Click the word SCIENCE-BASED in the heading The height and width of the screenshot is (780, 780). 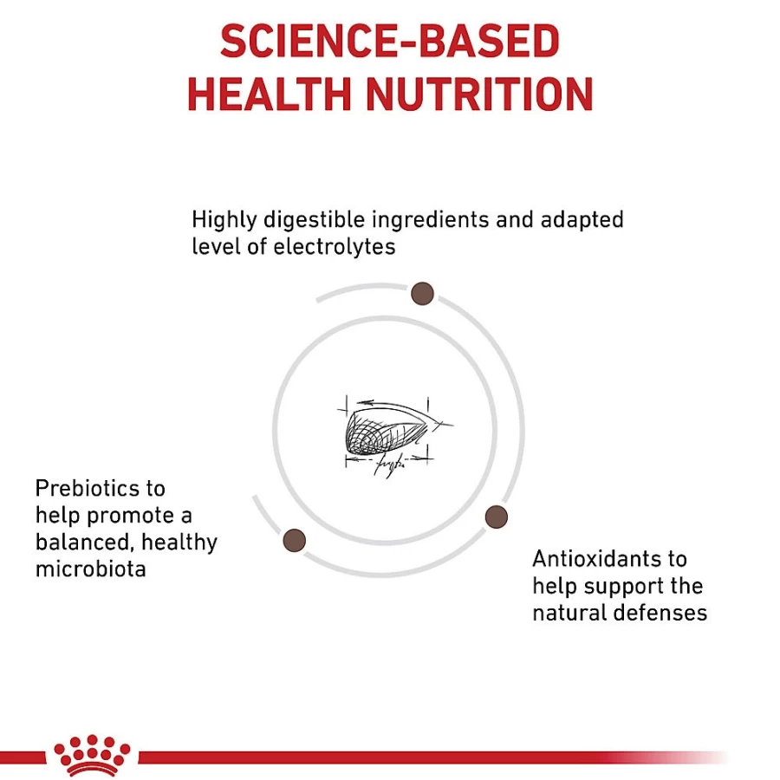pos(390,41)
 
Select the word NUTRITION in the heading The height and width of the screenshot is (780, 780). pos(479,94)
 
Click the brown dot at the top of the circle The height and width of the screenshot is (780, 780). pos(422,294)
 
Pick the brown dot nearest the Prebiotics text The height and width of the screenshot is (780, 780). pos(294,540)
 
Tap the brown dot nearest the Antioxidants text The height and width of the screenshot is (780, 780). pos(496,517)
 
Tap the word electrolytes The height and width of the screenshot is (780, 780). pos(335,247)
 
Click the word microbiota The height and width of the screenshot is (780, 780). pos(90,569)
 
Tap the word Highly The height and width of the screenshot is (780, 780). pos(224,220)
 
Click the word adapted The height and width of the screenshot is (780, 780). pos(582,220)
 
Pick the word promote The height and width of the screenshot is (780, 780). pos(130,517)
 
